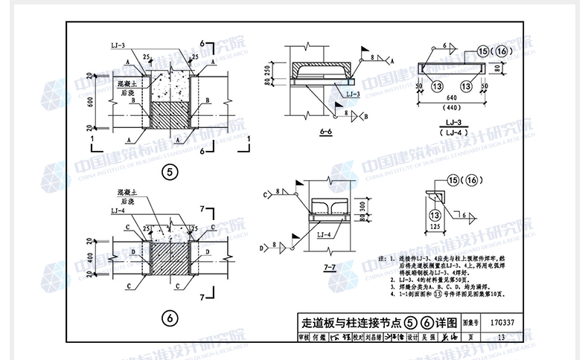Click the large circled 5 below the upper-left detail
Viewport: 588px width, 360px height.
pyautogui.click(x=170, y=173)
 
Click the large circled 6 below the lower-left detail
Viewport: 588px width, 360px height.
pyautogui.click(x=170, y=318)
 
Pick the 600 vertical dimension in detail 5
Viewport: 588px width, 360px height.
pyautogui.click(x=89, y=104)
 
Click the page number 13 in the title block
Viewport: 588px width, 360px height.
pyautogui.click(x=501, y=337)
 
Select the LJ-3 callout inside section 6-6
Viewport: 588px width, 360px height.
pyautogui.click(x=353, y=94)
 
